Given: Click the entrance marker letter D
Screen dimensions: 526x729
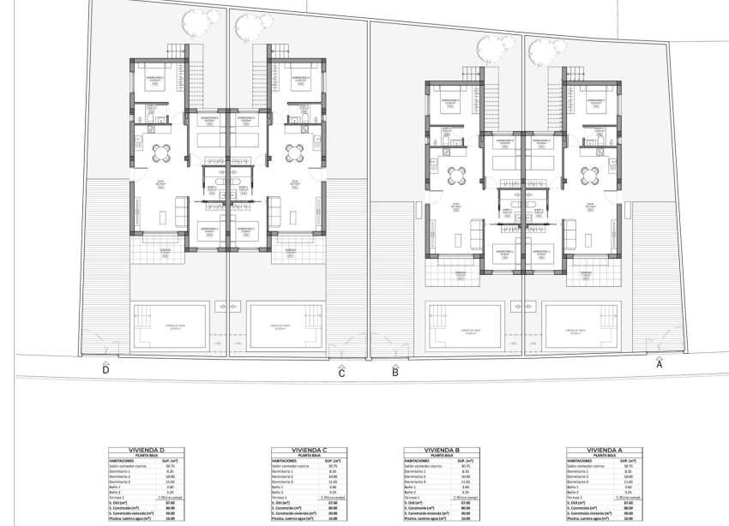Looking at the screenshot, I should click(x=105, y=370).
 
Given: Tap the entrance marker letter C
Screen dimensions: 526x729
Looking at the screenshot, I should click(x=341, y=373).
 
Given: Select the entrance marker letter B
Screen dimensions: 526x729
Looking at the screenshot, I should click(x=395, y=372).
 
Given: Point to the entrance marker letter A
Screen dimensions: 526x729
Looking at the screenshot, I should click(x=659, y=363).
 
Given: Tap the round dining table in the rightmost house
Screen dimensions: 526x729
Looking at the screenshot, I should click(x=589, y=175).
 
